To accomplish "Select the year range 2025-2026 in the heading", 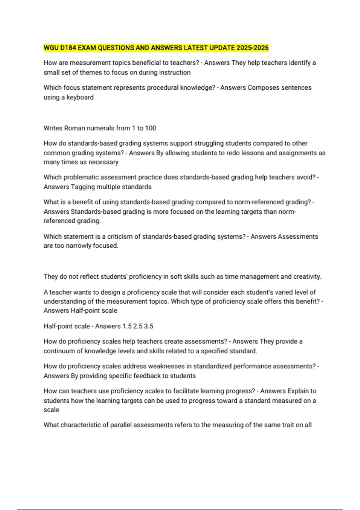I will [252, 48].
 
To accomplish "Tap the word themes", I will [91, 72].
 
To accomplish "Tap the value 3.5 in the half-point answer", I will [148, 326].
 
